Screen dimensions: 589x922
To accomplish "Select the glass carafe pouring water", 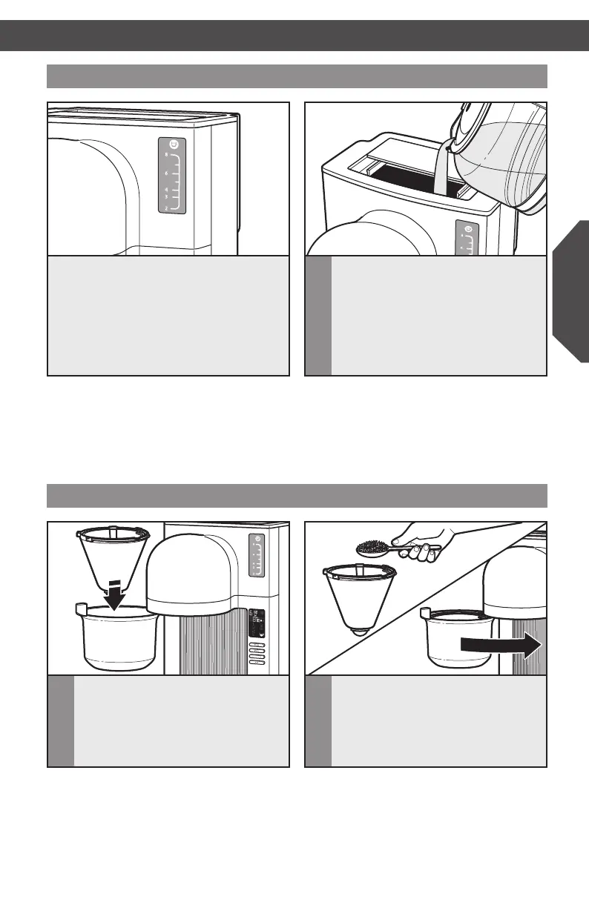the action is tap(501, 156).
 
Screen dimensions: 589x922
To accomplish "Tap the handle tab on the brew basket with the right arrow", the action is tap(425, 613).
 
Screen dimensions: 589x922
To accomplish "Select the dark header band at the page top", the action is tap(294, 35).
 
